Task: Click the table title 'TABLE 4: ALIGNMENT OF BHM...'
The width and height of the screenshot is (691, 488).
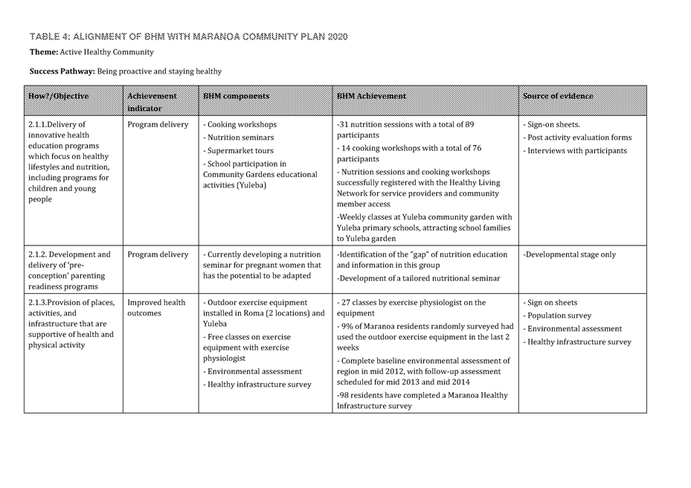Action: (x=188, y=36)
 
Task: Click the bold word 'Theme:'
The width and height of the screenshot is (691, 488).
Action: (x=43, y=52)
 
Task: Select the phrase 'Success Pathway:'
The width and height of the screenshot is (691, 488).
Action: (x=62, y=71)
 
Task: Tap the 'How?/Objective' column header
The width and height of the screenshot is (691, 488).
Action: (x=58, y=96)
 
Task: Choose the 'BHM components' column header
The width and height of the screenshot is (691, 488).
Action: (x=236, y=96)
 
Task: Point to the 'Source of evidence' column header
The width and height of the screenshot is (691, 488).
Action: (x=558, y=96)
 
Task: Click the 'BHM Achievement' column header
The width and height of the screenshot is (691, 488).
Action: (x=371, y=96)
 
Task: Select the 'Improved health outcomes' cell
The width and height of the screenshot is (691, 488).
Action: (x=156, y=308)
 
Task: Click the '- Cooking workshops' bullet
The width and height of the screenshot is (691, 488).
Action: (x=240, y=124)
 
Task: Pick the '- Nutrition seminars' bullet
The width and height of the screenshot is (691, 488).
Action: (x=238, y=138)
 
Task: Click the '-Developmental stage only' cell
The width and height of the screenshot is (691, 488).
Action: (x=569, y=254)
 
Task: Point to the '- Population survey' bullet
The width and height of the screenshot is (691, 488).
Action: (x=557, y=315)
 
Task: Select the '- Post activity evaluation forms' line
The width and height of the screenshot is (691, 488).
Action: (x=577, y=138)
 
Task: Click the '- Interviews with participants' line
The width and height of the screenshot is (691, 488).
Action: (x=575, y=151)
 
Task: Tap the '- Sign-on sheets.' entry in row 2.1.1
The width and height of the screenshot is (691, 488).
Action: (x=552, y=124)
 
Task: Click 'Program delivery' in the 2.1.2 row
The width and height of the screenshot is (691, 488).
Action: (x=158, y=254)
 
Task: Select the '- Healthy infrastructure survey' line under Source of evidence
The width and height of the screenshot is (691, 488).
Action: (x=577, y=342)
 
